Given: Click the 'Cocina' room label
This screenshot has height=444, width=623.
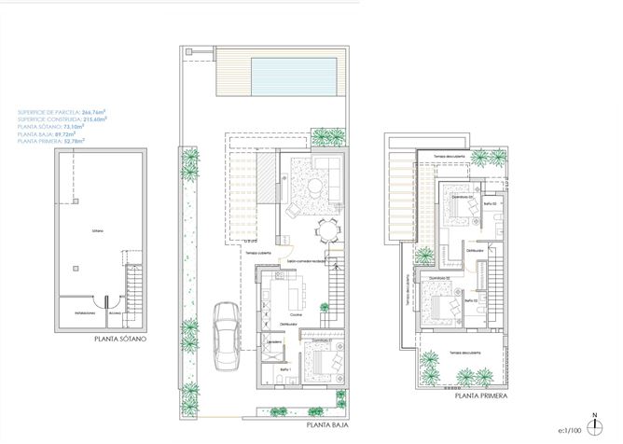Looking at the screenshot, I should click(296, 314).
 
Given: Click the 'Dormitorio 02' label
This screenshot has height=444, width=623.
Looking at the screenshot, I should click(440, 279).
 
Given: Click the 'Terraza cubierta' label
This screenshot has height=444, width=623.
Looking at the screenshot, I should click(257, 252).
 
